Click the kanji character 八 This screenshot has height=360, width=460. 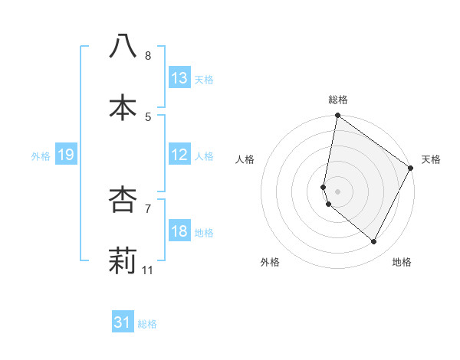(x=123, y=46)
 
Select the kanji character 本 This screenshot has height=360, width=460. (x=123, y=108)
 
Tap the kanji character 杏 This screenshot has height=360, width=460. (x=123, y=200)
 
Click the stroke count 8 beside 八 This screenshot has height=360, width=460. (x=148, y=56)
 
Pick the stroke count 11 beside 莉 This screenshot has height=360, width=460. (x=148, y=270)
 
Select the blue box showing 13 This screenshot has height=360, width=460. (x=179, y=78)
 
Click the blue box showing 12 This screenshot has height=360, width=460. (x=179, y=155)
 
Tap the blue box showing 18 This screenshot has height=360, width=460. (x=179, y=231)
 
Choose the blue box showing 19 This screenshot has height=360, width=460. (x=65, y=155)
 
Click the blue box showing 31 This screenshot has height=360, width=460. (x=123, y=322)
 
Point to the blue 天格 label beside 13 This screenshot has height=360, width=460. (x=204, y=79)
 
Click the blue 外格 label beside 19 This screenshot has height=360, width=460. (x=41, y=155)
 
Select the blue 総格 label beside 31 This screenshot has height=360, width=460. (x=147, y=324)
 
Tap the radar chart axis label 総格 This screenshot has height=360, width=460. (x=338, y=100)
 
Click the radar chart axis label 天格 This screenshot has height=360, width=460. (x=431, y=159)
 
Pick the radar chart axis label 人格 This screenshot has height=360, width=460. (x=245, y=159)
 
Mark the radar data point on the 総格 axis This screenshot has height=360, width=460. (x=337, y=116)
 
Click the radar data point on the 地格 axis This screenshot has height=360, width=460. (x=374, y=241)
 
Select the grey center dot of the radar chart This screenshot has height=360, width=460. (x=337, y=191)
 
